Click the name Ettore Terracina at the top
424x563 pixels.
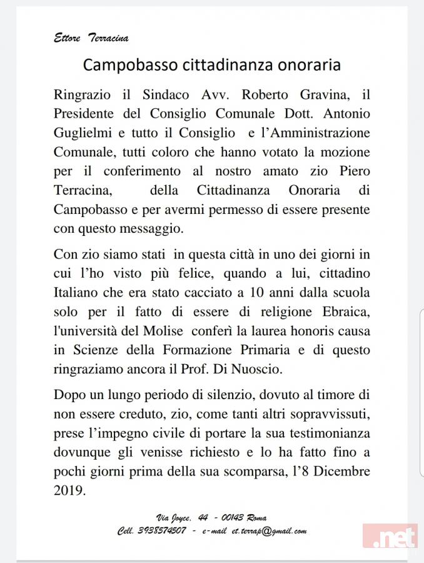point(91,38)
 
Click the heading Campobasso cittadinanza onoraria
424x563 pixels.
point(211,64)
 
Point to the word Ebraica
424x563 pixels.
point(343,312)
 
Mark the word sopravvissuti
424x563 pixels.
point(328,413)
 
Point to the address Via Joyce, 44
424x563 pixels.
point(182,517)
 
